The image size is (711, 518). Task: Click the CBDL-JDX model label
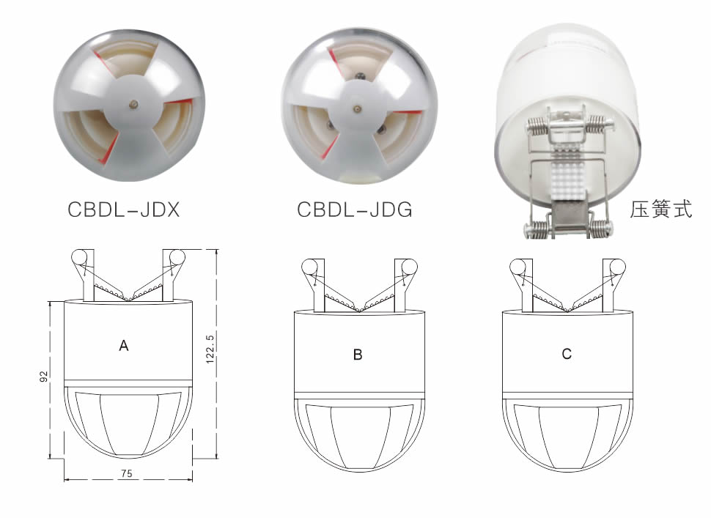point(124,210)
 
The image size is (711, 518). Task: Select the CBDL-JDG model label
point(355,210)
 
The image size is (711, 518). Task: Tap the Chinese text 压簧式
point(660,210)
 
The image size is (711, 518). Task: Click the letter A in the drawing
point(124,346)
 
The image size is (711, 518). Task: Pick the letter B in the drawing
point(358,355)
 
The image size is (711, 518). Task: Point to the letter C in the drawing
point(567,353)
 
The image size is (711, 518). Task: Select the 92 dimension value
point(43,376)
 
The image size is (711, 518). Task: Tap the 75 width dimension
point(127,473)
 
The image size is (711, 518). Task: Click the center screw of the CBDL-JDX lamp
point(133,104)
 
